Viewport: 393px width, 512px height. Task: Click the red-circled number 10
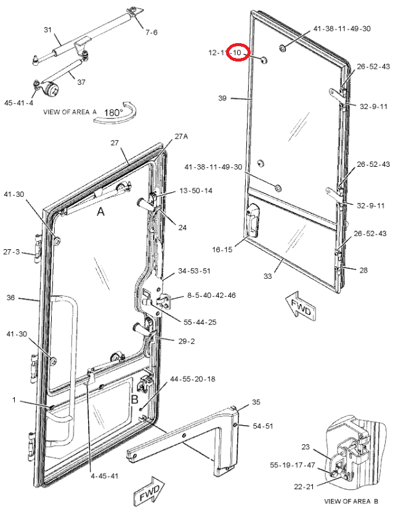[238, 53]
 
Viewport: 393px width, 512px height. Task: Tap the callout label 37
[81, 82]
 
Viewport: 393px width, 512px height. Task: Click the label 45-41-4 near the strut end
[18, 103]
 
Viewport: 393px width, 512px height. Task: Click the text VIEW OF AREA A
[70, 112]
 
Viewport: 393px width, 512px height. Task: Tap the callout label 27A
[180, 136]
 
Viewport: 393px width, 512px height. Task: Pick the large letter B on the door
[134, 398]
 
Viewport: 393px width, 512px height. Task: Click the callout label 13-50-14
[195, 191]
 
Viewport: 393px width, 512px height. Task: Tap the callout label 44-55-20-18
[192, 380]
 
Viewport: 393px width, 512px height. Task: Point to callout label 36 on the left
[10, 298]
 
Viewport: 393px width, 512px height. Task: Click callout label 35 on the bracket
[256, 402]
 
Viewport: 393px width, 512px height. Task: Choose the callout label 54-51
[262, 426]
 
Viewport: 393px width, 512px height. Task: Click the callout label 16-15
[222, 249]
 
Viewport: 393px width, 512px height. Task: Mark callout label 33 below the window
[267, 276]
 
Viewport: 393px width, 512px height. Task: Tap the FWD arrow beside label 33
[301, 306]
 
